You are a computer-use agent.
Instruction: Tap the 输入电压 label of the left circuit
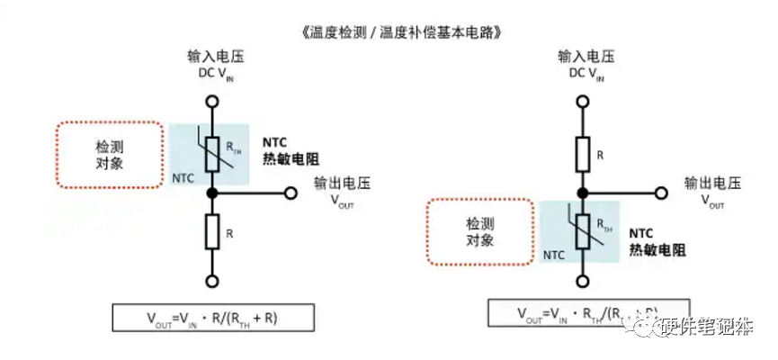pos(212,57)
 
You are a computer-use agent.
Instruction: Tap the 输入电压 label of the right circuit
pos(586,57)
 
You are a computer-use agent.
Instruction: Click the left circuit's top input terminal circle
pos(212,101)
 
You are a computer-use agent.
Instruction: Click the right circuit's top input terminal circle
pos(586,101)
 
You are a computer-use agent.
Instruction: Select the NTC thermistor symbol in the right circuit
pos(586,232)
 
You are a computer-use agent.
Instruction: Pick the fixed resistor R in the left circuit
pos(212,233)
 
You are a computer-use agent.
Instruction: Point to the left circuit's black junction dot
pos(212,193)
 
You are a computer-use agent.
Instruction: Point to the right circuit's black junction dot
pos(586,193)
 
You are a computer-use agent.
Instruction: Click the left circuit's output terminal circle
pos(290,193)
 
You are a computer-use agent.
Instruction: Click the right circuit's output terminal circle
pos(662,193)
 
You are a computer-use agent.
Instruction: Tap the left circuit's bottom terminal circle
pos(212,281)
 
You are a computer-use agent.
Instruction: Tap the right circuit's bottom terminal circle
pos(586,281)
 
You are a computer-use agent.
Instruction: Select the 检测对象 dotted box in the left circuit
pos(110,154)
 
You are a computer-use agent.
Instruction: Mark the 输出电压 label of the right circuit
pos(711,184)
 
